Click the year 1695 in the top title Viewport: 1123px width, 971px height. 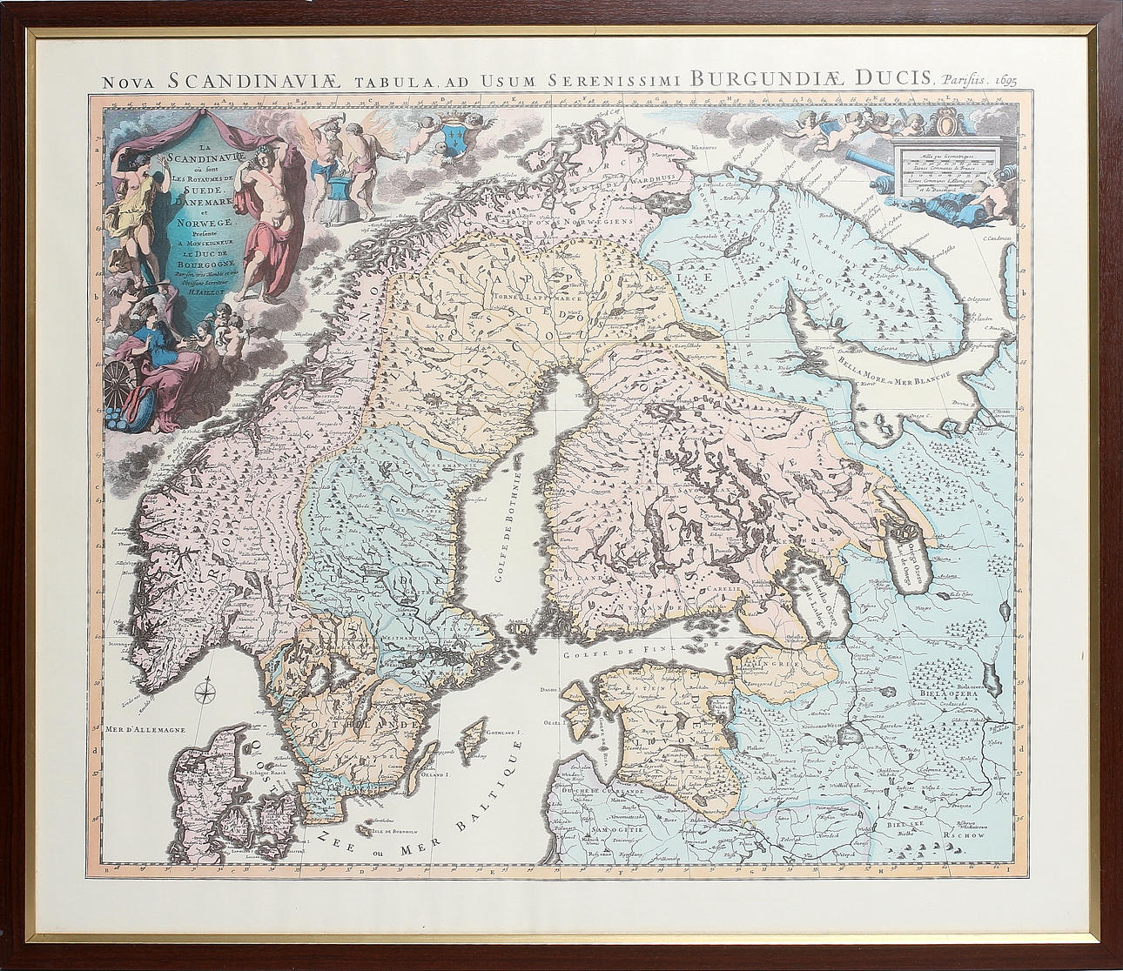998,80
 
